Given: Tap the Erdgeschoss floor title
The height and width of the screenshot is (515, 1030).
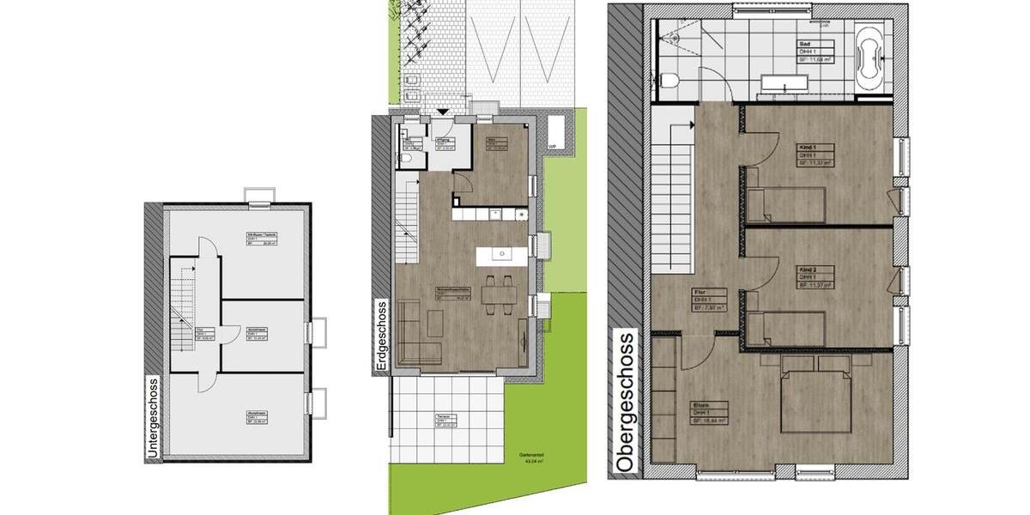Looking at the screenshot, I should click(x=381, y=336).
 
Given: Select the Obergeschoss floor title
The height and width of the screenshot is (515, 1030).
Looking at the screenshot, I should click(x=627, y=401).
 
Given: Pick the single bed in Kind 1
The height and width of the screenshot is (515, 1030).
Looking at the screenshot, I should click(x=785, y=204).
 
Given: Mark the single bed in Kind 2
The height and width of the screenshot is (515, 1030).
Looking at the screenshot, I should click(x=785, y=328).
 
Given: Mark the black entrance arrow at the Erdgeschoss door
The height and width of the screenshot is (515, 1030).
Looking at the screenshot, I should click(x=443, y=112).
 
